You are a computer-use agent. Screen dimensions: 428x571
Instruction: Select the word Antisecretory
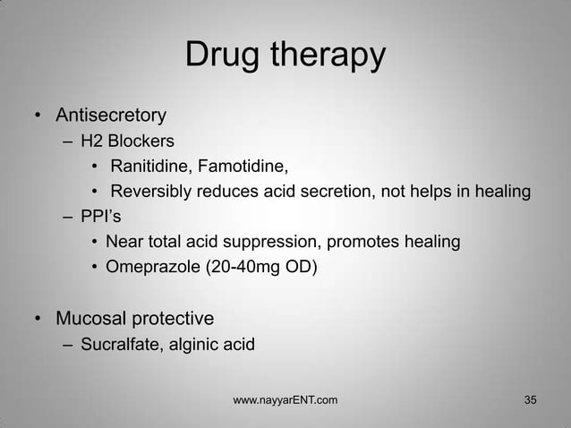111,116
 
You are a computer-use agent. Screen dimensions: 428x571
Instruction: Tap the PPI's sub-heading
96,217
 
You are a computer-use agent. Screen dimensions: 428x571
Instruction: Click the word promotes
368,242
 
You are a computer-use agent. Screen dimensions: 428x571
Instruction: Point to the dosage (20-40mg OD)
258,266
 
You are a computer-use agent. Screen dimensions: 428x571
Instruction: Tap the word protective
174,318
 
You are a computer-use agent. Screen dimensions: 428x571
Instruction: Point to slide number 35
531,398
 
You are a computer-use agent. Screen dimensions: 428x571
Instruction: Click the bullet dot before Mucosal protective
38,318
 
